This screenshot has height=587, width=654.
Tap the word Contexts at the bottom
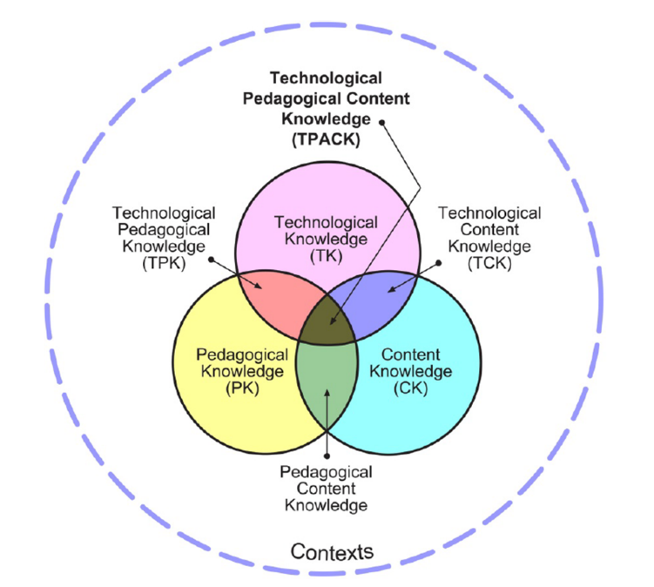(x=332, y=551)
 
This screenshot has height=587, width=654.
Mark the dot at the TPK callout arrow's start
(x=212, y=258)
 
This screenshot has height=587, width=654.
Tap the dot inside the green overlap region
(x=327, y=394)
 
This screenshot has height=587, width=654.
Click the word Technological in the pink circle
(x=326, y=223)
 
